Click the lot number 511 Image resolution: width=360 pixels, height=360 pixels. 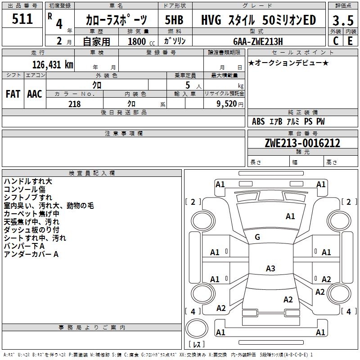[x=23, y=19]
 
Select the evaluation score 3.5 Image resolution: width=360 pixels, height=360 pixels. [x=343, y=20]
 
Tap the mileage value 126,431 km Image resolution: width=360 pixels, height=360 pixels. [x=53, y=64]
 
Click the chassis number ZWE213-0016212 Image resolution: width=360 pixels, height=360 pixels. [x=302, y=144]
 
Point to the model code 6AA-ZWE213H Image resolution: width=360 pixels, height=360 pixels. [x=261, y=41]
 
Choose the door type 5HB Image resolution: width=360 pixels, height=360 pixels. [x=174, y=20]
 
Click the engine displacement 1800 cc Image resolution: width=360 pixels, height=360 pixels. [x=137, y=41]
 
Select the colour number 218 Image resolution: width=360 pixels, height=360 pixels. [x=75, y=104]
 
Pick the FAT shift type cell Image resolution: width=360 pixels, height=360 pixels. [x=13, y=94]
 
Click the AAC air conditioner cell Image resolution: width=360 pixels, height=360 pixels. [x=35, y=94]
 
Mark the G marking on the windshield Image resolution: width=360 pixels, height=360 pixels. [x=257, y=237]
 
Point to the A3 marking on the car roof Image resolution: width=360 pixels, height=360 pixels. [x=270, y=269]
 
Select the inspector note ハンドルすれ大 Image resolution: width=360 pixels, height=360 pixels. [x=28, y=181]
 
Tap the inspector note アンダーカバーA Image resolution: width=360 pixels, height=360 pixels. [x=31, y=254]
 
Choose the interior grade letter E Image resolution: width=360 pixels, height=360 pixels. [x=350, y=41]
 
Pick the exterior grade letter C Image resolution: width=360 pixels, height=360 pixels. [x=335, y=41]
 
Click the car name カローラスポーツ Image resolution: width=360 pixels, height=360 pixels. [x=117, y=20]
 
